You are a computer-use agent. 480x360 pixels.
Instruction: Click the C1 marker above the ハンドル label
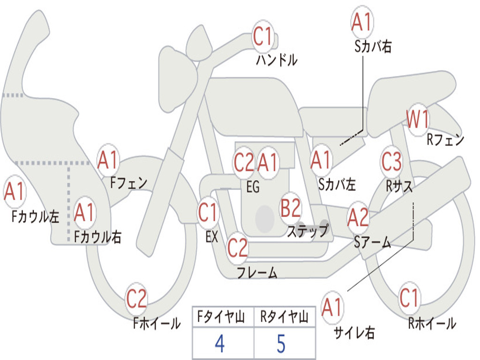pos(263,37)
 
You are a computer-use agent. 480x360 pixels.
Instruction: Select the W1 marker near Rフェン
pos(418,120)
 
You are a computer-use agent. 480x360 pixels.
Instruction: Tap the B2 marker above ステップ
pos(291,208)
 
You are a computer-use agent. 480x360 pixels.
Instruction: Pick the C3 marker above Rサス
pos(391,161)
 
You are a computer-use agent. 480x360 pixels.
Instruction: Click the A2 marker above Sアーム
pos(358,218)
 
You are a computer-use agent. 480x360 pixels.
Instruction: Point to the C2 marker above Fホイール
pos(136,299)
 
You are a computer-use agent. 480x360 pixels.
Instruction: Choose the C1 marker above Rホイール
pos(409,298)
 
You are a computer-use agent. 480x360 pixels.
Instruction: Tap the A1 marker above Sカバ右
pos(362,22)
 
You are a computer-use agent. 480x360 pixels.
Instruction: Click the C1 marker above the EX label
pos(208,212)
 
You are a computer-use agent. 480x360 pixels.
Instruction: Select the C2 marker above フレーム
pos(237,247)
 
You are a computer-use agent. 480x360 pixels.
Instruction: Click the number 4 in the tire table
pos(220,344)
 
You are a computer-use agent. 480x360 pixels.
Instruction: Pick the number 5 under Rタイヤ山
pos(281,344)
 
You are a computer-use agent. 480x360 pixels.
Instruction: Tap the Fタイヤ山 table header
pos(221,317)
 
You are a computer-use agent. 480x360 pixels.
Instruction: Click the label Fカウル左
pos(35,217)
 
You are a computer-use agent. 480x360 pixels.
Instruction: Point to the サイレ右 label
pos(354,332)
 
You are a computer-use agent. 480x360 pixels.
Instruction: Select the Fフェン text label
pos(128,183)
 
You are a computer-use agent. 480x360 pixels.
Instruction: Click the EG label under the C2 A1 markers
pos(253,187)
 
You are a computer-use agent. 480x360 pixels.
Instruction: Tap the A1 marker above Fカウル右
pos(84,212)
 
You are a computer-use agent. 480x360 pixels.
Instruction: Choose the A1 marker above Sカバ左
pos(321,160)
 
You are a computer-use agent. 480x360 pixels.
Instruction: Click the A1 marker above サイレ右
pos(332,307)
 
